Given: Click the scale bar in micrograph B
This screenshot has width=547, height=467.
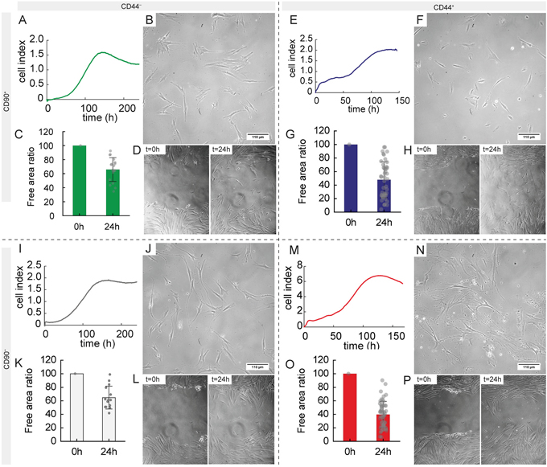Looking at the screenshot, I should point(256,135).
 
